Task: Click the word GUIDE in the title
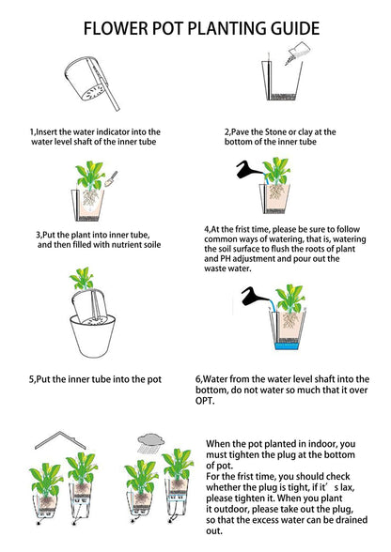pyautogui.click(x=295, y=28)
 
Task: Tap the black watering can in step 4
pyautogui.click(x=248, y=170)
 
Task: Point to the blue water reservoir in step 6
pyautogui.click(x=287, y=345)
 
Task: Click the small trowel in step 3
pyautogui.click(x=111, y=178)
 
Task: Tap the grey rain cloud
pyautogui.click(x=151, y=439)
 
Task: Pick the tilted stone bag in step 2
pyautogui.click(x=295, y=54)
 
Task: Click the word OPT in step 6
pyautogui.click(x=204, y=401)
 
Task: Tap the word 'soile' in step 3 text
pyautogui.click(x=151, y=245)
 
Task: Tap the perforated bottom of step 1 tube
pyautogui.click(x=93, y=93)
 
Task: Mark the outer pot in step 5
pyautogui.click(x=92, y=336)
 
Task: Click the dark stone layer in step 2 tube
pyautogui.click(x=284, y=96)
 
